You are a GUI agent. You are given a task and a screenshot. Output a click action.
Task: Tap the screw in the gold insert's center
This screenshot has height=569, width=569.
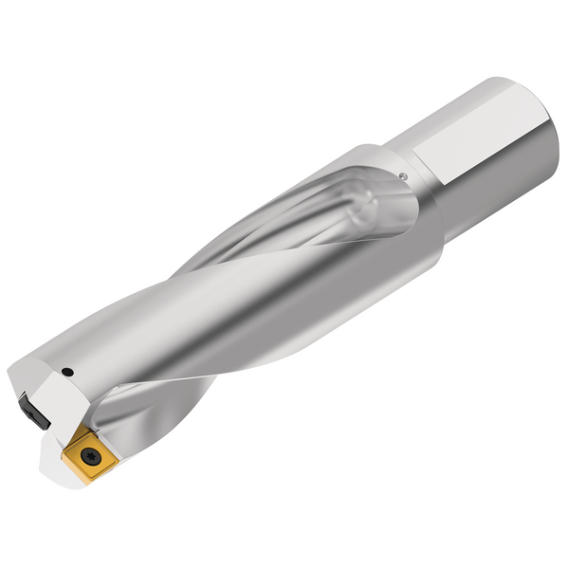pos(87,454)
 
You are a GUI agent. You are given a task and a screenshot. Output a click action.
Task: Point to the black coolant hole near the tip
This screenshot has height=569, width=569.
pos(68,369)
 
